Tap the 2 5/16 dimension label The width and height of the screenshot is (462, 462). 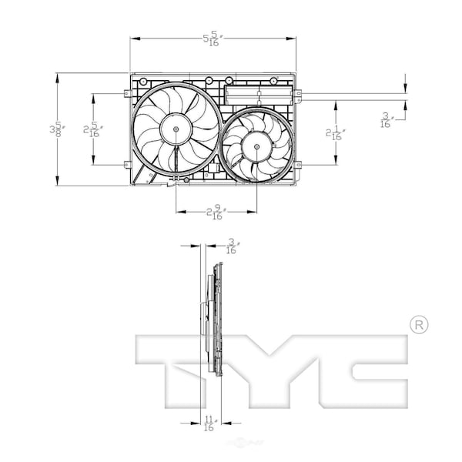click(x=92, y=129)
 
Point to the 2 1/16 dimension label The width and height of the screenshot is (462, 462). click(x=335, y=132)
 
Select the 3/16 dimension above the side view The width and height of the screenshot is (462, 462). click(x=231, y=246)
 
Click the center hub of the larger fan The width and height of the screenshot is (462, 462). click(x=176, y=129)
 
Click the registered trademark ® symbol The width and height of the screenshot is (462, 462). click(x=417, y=325)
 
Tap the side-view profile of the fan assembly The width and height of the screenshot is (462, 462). click(x=213, y=323)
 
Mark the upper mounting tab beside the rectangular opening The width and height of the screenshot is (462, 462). click(x=297, y=94)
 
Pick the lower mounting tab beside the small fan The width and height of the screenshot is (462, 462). click(x=297, y=164)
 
